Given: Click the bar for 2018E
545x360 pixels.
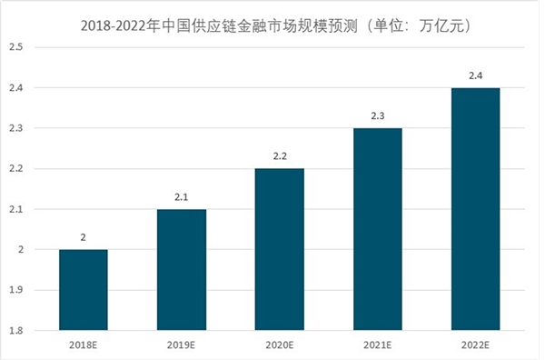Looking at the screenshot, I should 84,289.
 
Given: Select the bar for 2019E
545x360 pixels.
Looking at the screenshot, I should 182,269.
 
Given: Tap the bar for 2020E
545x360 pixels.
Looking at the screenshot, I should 279,249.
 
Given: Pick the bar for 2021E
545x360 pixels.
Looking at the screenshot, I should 377,229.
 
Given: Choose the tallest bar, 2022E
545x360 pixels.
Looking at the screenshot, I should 475,209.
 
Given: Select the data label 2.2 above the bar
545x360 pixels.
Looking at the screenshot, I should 279,156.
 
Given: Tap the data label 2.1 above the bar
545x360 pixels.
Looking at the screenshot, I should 182,196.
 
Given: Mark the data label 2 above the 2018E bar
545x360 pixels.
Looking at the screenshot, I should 84,237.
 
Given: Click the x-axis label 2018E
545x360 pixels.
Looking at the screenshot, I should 84,345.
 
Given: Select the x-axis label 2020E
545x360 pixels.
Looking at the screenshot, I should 279,345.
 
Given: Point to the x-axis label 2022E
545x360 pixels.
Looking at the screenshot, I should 475,345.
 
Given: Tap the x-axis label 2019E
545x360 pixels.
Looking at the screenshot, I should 182,345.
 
